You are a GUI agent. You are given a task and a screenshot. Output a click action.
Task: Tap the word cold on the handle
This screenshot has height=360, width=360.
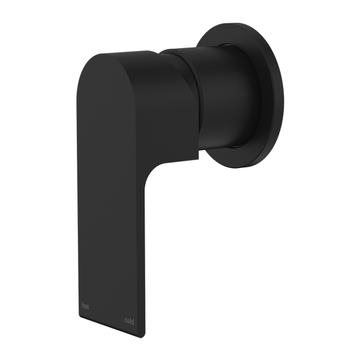point(129,322)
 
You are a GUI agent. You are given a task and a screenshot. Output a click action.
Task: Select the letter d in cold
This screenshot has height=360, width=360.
point(133,322)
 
